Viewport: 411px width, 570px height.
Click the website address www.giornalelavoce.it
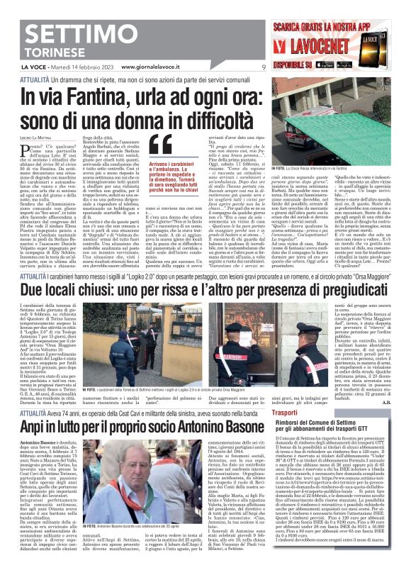pos(152,67)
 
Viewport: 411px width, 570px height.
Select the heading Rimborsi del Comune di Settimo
pos(322,423)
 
